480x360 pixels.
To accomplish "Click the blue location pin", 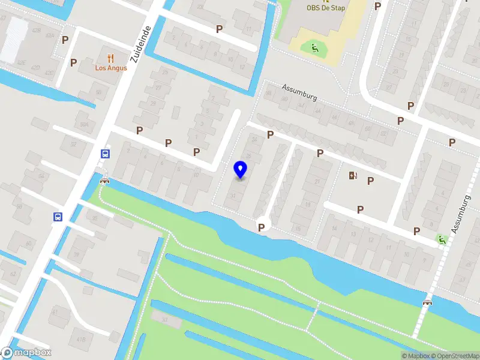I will coord(241,170).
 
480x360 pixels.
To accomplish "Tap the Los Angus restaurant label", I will coord(111,68).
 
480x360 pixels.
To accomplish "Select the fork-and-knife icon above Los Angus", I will coord(110,58).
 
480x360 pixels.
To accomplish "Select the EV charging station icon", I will coord(352,176).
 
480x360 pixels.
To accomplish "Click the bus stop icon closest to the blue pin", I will coord(106,154).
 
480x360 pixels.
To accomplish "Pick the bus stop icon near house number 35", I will coord(58,217).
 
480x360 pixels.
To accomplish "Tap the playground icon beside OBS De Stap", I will coord(313,47).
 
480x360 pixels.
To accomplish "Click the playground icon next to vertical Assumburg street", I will coord(442,240).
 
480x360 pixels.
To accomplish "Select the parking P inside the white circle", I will coord(262,227).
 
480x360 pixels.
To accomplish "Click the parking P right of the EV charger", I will coord(371,181).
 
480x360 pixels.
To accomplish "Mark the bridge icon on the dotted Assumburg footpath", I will coord(427,302).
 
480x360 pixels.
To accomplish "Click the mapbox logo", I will coord(26,353).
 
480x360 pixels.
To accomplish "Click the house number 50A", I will coord(84,124).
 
